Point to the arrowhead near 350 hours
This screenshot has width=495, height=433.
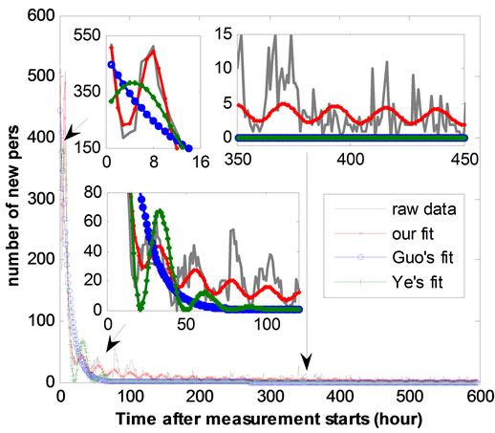[306, 361]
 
